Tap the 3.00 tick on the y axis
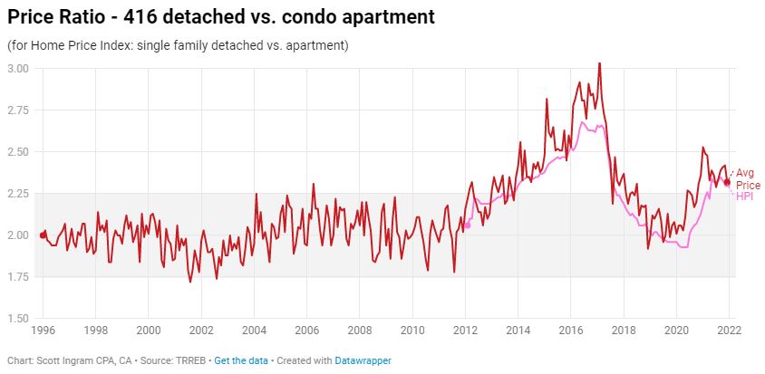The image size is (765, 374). pyautogui.click(x=19, y=69)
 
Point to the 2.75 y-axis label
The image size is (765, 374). pyautogui.click(x=19, y=110)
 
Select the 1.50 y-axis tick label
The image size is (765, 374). pyautogui.click(x=19, y=319)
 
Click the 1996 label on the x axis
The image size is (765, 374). pyautogui.click(x=44, y=331)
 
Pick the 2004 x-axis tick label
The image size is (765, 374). pyautogui.click(x=254, y=331)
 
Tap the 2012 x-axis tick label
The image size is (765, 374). pyautogui.click(x=465, y=331)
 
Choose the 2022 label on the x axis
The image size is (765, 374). pyautogui.click(x=729, y=331)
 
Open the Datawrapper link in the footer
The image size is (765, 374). pyautogui.click(x=364, y=360)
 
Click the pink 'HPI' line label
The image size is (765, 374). pyautogui.click(x=743, y=197)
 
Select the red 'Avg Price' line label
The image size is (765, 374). pyautogui.click(x=745, y=178)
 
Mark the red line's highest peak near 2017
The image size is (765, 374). pyautogui.click(x=599, y=63)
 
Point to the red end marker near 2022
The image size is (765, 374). pyautogui.click(x=727, y=182)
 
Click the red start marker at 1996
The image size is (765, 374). pyautogui.click(x=44, y=235)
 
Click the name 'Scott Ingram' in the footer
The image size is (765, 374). pyautogui.click(x=62, y=360)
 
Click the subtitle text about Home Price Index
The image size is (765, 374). pyautogui.click(x=178, y=45)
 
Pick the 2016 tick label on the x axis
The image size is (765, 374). pyautogui.click(x=570, y=331)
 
